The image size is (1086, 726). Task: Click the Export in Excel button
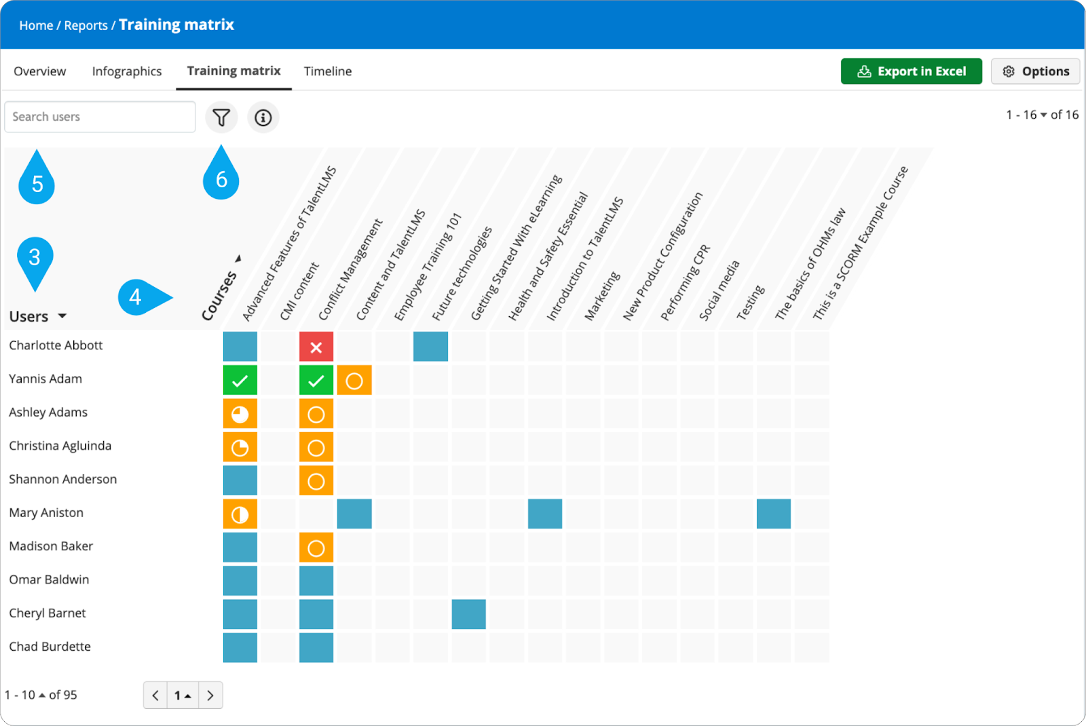[911, 71]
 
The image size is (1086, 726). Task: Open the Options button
[1035, 71]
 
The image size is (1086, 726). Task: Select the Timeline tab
[328, 71]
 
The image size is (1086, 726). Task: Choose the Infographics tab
[127, 71]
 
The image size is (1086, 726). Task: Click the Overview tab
[40, 71]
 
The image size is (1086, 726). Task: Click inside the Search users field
[100, 117]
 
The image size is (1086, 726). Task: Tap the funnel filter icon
[221, 117]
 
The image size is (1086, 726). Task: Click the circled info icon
[263, 117]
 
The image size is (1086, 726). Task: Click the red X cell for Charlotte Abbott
[316, 347]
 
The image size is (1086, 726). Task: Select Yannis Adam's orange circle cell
[354, 381]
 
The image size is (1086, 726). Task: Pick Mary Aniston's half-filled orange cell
[240, 514]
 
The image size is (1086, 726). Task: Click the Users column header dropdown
[38, 316]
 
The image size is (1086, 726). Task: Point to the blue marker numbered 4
[139, 297]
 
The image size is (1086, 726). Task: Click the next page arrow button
[210, 695]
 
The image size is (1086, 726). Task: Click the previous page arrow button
[155, 695]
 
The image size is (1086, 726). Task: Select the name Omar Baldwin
[49, 579]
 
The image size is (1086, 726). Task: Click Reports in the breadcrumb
[86, 25]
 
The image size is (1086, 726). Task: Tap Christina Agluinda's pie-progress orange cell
[240, 448]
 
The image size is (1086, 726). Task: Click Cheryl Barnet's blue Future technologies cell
[468, 614]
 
